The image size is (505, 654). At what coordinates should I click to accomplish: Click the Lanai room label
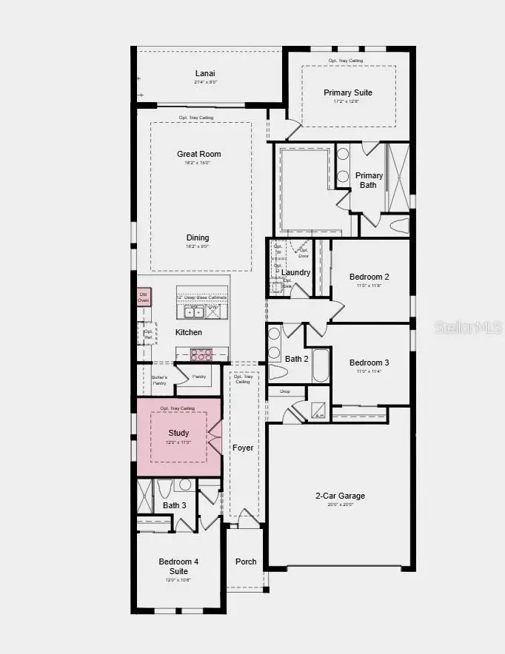point(205,73)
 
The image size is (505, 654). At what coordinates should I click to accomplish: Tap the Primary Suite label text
point(348,92)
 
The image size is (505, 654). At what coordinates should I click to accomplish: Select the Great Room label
point(198,154)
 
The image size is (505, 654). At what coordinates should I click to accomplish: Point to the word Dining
point(198,237)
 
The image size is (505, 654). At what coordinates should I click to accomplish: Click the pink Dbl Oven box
point(144,297)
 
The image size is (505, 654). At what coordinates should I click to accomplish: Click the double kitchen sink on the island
point(193,312)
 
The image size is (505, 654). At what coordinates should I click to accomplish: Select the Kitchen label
point(189,332)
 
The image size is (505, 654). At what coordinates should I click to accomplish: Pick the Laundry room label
point(295,272)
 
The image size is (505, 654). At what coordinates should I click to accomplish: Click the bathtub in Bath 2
point(320,365)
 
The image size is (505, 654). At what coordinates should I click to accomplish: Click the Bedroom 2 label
point(369,277)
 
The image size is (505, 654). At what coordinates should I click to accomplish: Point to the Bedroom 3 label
point(369,363)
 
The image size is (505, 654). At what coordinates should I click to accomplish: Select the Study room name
point(178,433)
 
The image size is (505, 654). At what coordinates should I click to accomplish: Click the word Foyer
point(243,448)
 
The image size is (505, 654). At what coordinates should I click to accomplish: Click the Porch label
point(246,562)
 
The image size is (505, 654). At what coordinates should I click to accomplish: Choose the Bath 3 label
point(175,505)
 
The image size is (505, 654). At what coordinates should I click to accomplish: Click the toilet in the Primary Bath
point(398,224)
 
